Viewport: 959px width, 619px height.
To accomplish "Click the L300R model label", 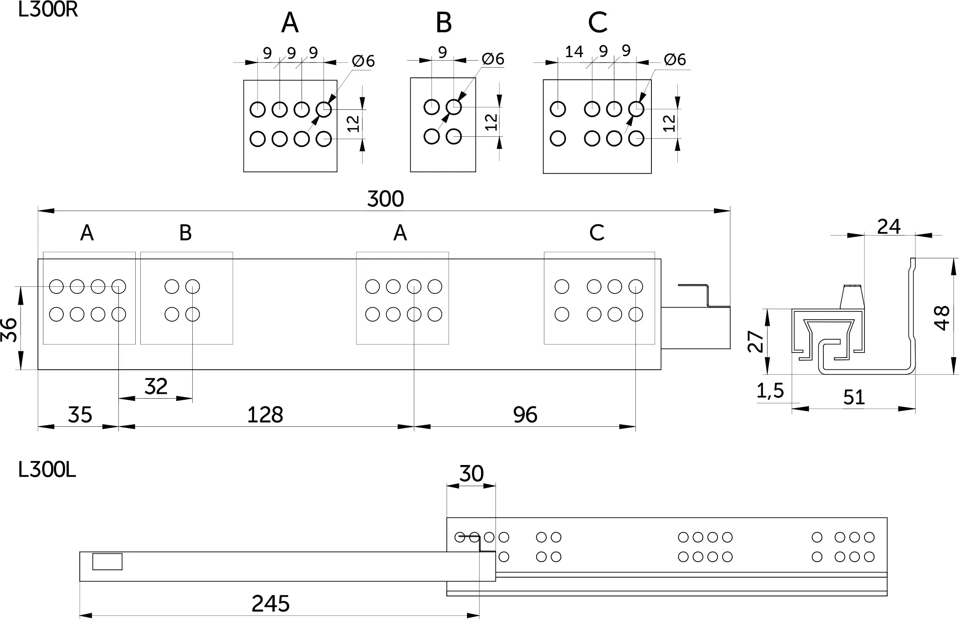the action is [48, 10].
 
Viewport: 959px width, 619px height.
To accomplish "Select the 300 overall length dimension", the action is [385, 199].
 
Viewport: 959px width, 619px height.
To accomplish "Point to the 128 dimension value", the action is [265, 415].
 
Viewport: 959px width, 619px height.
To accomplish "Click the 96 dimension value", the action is [525, 415].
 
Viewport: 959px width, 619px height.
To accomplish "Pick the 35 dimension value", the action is [80, 415].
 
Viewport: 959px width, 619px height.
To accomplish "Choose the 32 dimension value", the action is [156, 386].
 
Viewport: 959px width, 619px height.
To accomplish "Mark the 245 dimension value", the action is [270, 603].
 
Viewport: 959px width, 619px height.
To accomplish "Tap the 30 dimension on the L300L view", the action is [471, 474].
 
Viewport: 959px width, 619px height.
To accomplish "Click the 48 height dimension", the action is [942, 318].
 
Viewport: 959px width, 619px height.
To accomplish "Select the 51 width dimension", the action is [854, 397].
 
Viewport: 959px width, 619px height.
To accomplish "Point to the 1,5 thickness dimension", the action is [770, 391].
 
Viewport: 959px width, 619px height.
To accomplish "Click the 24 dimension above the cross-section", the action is [889, 227].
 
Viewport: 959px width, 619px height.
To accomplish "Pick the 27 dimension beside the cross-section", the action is [756, 342].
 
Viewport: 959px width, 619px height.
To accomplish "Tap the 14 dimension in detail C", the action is [574, 52].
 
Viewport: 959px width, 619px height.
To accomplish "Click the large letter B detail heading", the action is [444, 23].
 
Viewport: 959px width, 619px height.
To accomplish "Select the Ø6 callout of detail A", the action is [363, 61].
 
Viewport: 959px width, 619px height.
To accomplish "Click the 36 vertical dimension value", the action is [9, 330].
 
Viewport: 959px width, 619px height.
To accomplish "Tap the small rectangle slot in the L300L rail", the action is [107, 562].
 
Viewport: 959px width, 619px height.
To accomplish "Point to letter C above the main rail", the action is [597, 233].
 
